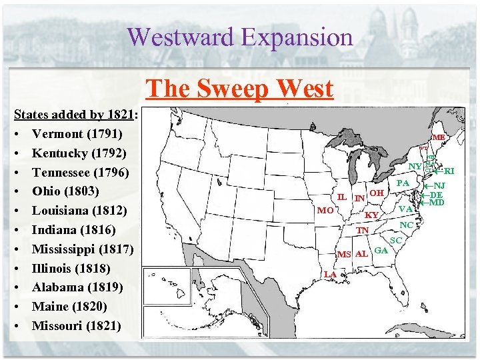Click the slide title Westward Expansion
(239, 37)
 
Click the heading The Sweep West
(239, 88)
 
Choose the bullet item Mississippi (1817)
(83, 249)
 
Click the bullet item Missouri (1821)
(77, 326)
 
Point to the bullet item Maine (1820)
(69, 307)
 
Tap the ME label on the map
(439, 137)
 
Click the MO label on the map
(325, 210)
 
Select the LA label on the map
(330, 274)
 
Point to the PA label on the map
(403, 183)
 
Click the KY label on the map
(371, 215)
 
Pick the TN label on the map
(363, 231)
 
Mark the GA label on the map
(381, 250)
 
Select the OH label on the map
(377, 193)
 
